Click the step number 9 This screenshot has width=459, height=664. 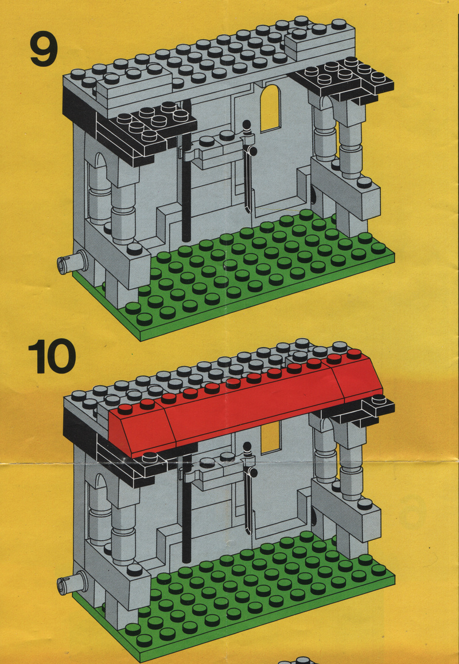pyautogui.click(x=44, y=49)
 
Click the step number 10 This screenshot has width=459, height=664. pyautogui.click(x=52, y=356)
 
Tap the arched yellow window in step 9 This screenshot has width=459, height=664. pyautogui.click(x=271, y=108)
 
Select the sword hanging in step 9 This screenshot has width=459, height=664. pyautogui.click(x=248, y=165)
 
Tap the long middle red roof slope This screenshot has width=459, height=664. pyautogui.click(x=253, y=407)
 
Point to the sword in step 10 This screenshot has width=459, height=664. pyautogui.click(x=248, y=487)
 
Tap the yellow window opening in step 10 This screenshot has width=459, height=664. pyautogui.click(x=271, y=436)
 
